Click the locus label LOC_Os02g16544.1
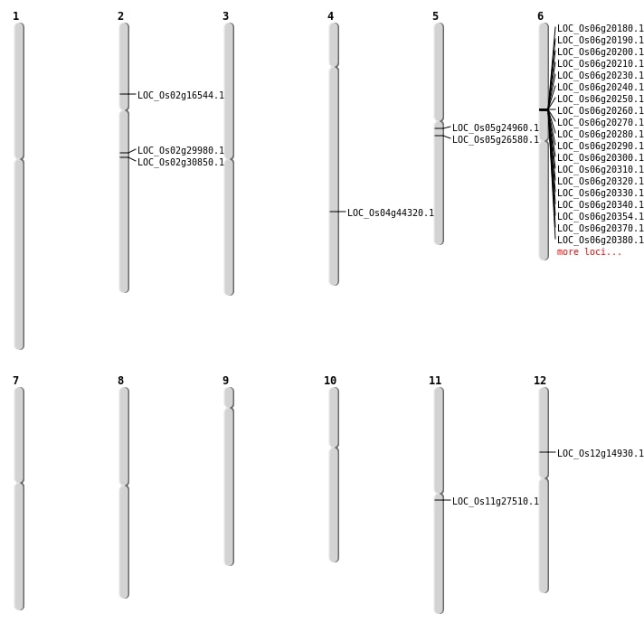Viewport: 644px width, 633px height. tap(180, 95)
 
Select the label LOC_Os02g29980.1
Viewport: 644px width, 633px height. tap(180, 150)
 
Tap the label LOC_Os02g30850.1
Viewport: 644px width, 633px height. tap(180, 162)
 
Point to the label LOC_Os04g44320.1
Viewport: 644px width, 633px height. tap(390, 213)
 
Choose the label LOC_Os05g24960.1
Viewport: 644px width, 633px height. tap(495, 128)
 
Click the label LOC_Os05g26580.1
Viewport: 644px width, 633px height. tap(495, 139)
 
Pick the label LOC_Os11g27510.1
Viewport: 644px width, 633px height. tap(495, 501)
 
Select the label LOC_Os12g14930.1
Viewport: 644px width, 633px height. tap(600, 453)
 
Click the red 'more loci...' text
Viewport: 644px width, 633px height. tap(589, 251)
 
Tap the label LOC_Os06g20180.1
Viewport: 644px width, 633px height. tap(600, 28)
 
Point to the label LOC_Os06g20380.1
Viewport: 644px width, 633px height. tap(600, 240)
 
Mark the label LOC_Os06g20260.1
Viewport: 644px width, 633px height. tap(600, 110)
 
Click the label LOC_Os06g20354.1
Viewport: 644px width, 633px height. tap(600, 216)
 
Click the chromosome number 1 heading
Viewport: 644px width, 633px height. tap(15, 16)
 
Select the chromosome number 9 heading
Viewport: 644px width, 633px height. tap(225, 381)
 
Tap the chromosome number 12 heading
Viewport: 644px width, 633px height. tap(540, 381)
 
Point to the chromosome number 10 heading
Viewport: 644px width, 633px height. tap(330, 381)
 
